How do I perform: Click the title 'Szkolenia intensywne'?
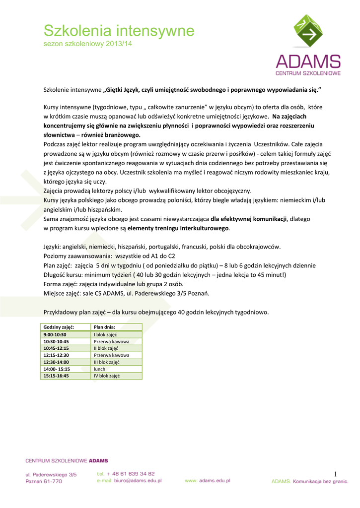[119, 31]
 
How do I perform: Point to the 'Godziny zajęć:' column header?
[59, 327]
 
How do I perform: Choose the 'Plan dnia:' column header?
[104, 327]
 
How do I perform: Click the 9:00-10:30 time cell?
[55, 335]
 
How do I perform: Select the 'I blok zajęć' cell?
[105, 335]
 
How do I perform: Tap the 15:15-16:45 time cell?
[56, 376]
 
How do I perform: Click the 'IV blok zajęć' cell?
[106, 376]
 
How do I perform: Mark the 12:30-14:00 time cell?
[56, 362]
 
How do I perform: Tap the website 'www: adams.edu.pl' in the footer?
[207, 481]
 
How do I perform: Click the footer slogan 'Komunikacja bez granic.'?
[321, 481]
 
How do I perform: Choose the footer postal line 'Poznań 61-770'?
[44, 481]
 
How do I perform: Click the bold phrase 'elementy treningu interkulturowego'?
[178, 228]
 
